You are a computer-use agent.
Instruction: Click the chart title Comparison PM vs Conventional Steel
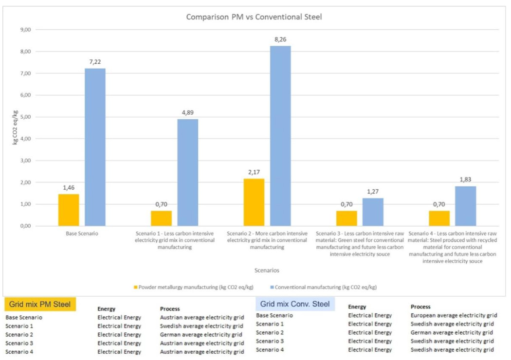click(254, 17)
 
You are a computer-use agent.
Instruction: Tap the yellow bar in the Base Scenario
click(69, 210)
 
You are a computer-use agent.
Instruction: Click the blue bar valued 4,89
click(188, 172)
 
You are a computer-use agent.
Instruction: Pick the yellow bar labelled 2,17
click(254, 202)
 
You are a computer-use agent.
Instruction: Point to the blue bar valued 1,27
click(373, 212)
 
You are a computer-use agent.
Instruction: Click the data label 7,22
click(95, 62)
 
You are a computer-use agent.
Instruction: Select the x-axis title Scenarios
click(267, 270)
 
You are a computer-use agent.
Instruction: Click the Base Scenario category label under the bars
click(82, 233)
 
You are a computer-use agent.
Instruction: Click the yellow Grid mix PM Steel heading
click(40, 305)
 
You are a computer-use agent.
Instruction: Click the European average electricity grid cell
click(454, 315)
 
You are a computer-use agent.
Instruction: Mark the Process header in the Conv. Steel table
click(420, 307)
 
